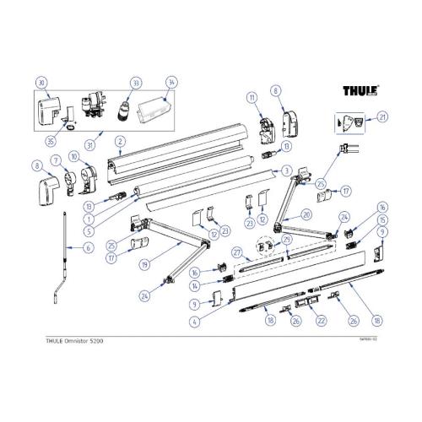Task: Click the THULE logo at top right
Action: point(360,90)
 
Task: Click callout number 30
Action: point(39,83)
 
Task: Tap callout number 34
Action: point(171,83)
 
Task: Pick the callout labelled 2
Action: point(120,140)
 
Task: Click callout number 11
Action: point(252,99)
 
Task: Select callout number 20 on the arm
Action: point(306,214)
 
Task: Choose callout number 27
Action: point(237,252)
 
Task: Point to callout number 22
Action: point(321,321)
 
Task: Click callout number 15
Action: point(381,219)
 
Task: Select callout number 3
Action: point(287,170)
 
